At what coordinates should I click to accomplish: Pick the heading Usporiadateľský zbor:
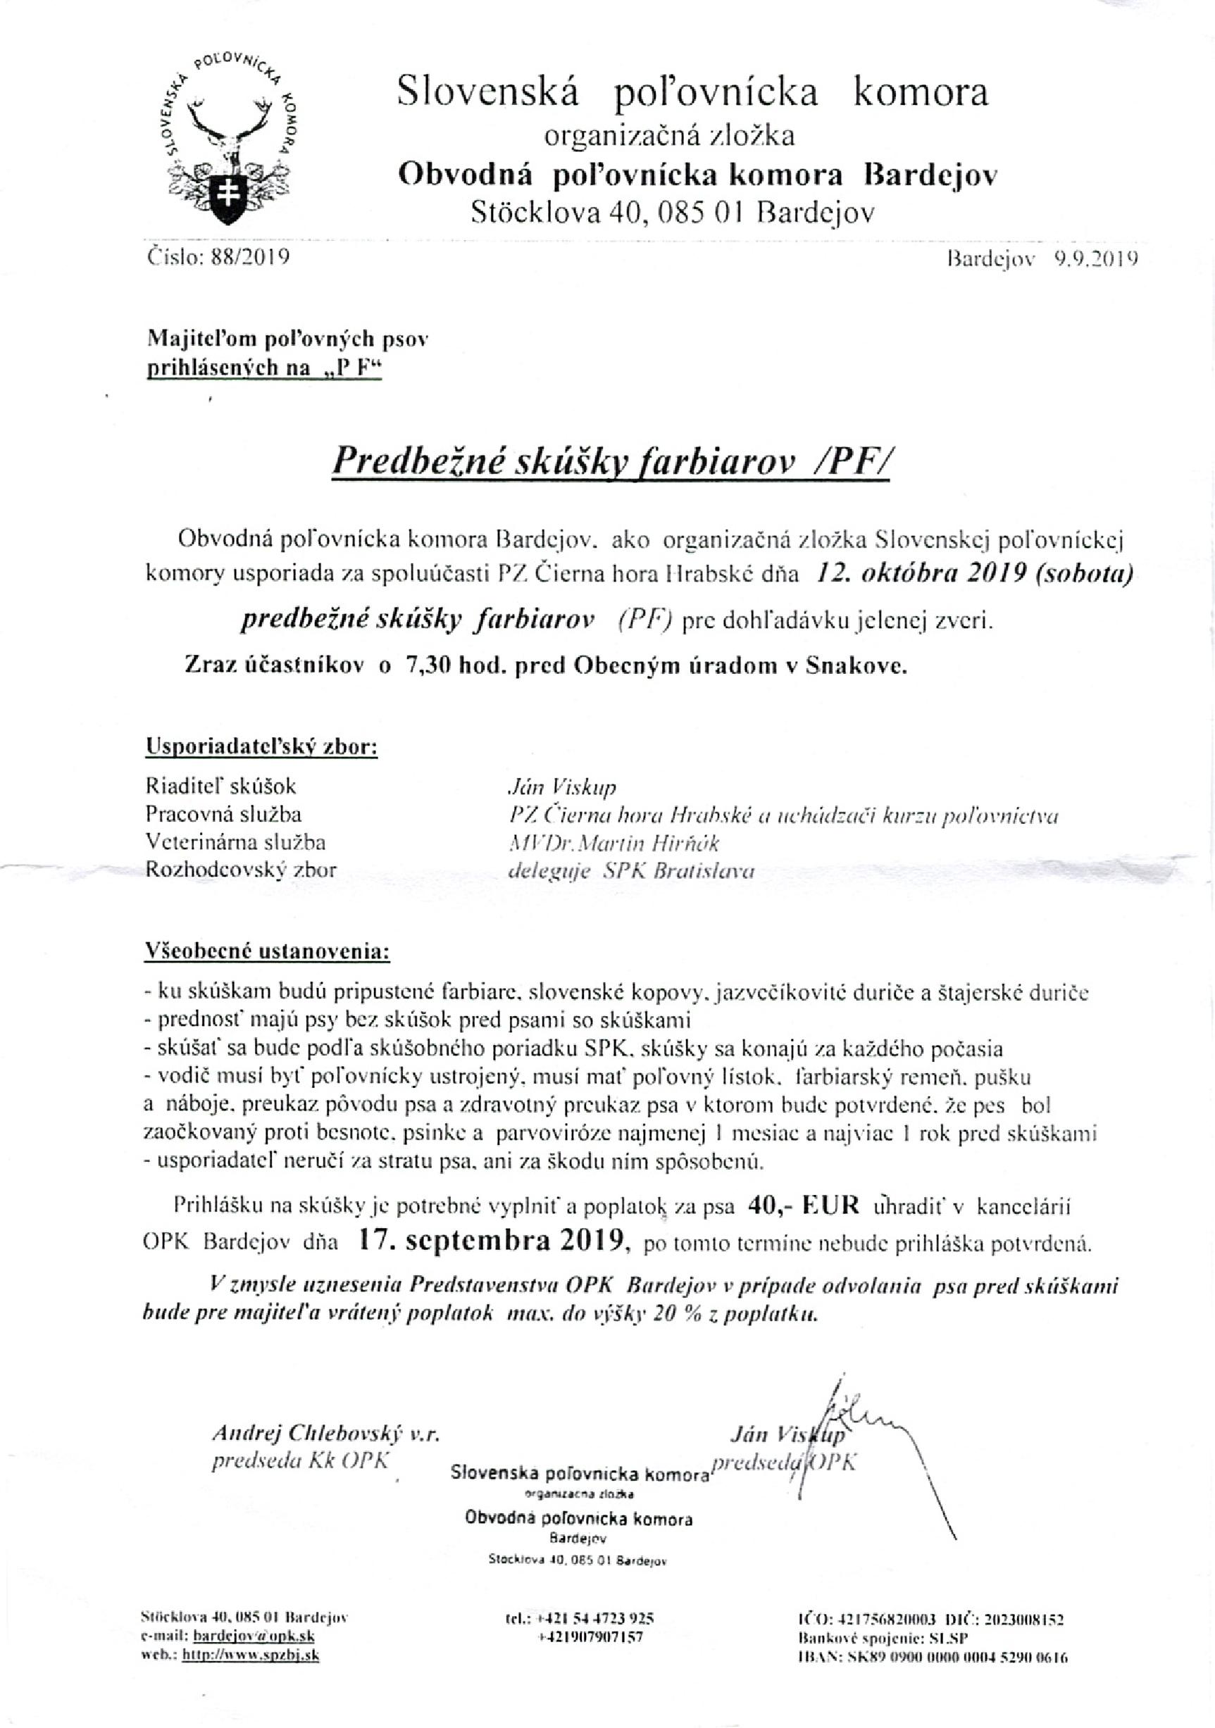click(261, 749)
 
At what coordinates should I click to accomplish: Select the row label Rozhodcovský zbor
click(240, 870)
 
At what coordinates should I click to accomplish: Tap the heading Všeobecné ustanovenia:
click(267, 951)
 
